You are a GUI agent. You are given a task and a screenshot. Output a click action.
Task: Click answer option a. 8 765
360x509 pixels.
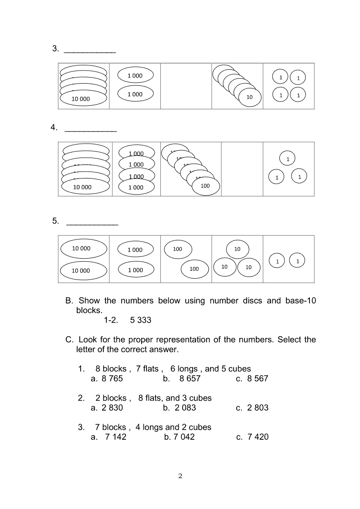coord(107,379)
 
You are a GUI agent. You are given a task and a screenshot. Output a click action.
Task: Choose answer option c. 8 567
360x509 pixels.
coord(252,379)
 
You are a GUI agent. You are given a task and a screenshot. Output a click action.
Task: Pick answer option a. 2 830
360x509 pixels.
coord(107,408)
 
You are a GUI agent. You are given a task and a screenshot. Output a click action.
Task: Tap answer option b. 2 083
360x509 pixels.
coord(180,408)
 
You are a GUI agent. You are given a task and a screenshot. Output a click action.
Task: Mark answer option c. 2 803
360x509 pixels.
coord(252,408)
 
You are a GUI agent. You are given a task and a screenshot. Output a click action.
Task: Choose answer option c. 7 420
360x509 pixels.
coord(252,437)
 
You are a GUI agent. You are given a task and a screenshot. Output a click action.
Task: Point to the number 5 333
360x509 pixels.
coord(141,320)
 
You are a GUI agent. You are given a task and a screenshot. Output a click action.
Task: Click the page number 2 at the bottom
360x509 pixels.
coord(180,476)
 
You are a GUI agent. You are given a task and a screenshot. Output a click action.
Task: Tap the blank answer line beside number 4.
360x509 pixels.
coord(91,130)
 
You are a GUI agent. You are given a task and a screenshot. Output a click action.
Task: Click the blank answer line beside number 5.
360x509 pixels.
coord(92,224)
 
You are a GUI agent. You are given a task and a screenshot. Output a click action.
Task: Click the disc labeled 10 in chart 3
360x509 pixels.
coord(249,97)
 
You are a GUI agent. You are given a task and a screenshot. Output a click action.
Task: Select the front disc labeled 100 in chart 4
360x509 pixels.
coord(205,185)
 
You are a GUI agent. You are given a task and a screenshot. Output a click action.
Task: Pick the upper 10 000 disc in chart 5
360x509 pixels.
coord(83,249)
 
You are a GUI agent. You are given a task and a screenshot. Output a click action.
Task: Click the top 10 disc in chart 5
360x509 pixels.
coord(237,249)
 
